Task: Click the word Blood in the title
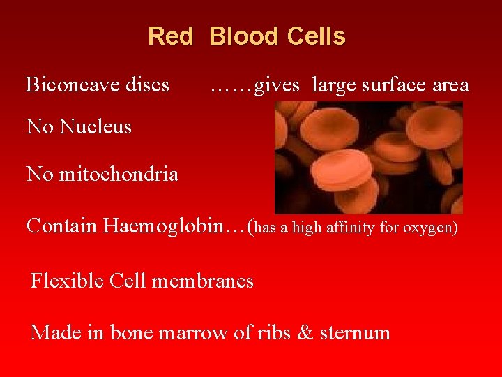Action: click(x=241, y=36)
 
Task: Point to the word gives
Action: click(x=277, y=86)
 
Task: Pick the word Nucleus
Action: click(x=96, y=126)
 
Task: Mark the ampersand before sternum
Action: click(x=305, y=332)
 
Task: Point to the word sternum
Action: click(x=355, y=333)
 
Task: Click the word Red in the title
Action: click(x=170, y=36)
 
